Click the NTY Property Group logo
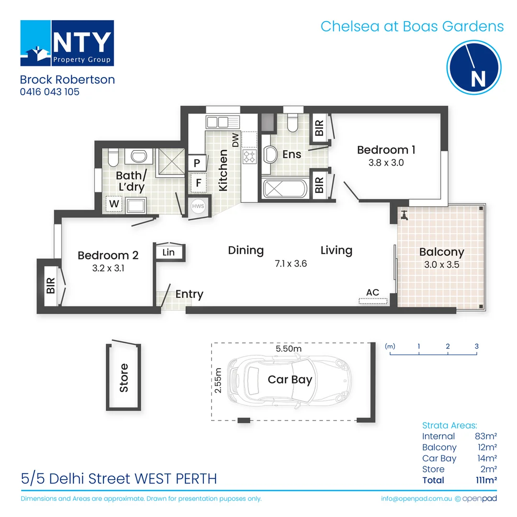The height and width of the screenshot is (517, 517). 67,43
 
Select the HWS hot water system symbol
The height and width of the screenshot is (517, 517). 197,206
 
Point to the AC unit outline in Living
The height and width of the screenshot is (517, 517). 372,301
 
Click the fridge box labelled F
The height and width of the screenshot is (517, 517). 197,182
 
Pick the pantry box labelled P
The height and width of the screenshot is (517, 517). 197,162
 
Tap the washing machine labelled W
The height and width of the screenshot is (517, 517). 114,204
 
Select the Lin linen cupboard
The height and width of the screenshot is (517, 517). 169,252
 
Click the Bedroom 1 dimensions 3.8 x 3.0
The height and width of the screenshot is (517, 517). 386,162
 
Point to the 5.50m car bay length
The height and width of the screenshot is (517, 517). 288,349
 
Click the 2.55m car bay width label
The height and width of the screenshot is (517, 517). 218,381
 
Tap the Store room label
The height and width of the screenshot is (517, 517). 124,378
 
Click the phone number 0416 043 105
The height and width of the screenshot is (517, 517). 50,91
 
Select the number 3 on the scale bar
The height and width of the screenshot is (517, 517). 477,346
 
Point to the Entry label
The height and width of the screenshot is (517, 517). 189,294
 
